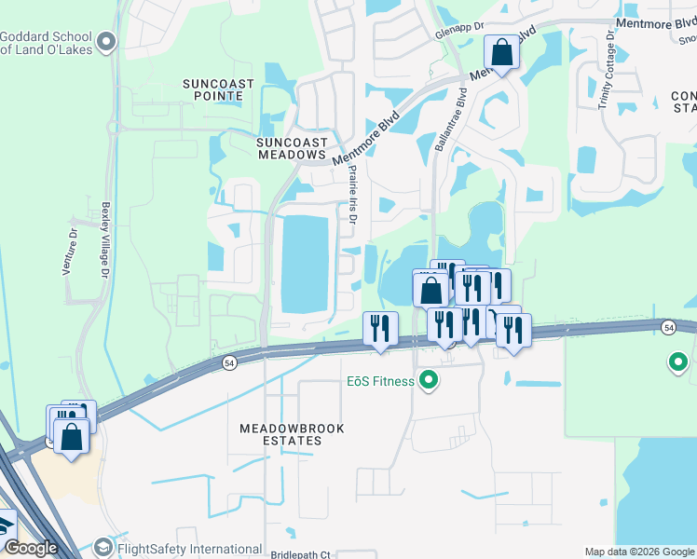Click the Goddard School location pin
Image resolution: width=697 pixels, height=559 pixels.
click(106, 42)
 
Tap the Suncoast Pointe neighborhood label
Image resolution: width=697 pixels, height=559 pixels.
click(219, 90)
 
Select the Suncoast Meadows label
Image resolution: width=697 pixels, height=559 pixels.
click(292, 148)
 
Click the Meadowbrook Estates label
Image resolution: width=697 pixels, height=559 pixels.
click(292, 434)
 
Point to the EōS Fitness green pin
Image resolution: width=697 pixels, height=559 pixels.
click(430, 380)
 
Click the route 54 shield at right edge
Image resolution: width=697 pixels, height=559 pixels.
click(669, 328)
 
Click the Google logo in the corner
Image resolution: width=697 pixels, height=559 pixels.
click(31, 549)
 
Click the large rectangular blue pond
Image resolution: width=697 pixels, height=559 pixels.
click(306, 264)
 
